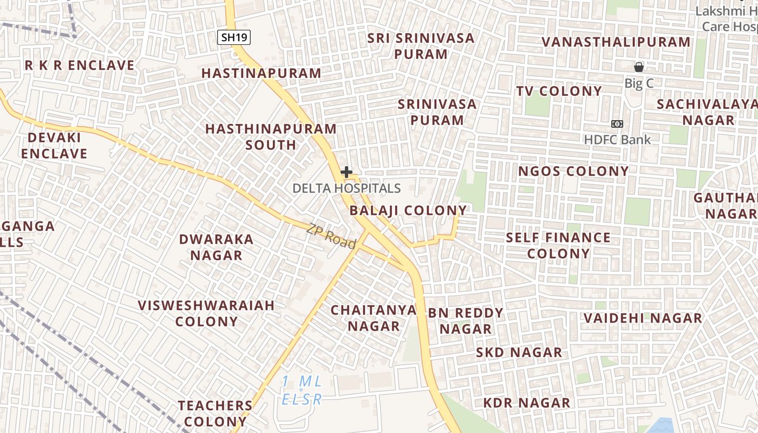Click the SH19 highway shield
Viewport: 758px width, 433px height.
coord(234,37)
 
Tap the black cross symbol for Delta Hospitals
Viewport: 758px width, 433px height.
coord(347,173)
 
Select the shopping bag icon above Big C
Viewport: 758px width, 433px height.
coord(639,67)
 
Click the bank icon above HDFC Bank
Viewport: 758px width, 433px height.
coord(617,124)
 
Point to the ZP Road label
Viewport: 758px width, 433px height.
coord(331,237)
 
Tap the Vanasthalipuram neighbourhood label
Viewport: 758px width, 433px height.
coord(616,42)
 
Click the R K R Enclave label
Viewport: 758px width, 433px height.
coord(80,65)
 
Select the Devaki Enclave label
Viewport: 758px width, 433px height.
coord(54,146)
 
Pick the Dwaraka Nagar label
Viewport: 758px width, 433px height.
coord(216,247)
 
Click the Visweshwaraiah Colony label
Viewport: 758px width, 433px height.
coord(206,313)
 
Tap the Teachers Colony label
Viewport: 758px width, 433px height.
coord(215,413)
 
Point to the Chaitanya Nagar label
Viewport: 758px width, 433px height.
coord(374,318)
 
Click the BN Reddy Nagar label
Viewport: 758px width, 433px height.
coord(466,320)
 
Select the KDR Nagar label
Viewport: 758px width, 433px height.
coord(526,403)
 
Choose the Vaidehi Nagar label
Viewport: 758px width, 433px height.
coord(643,318)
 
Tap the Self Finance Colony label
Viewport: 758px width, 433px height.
coord(558,245)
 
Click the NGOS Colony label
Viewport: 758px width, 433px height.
coord(573,172)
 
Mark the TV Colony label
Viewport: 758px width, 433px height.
coord(559,91)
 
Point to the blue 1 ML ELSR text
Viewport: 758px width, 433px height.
coord(302,390)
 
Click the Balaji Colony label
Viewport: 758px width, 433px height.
coord(408,211)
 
